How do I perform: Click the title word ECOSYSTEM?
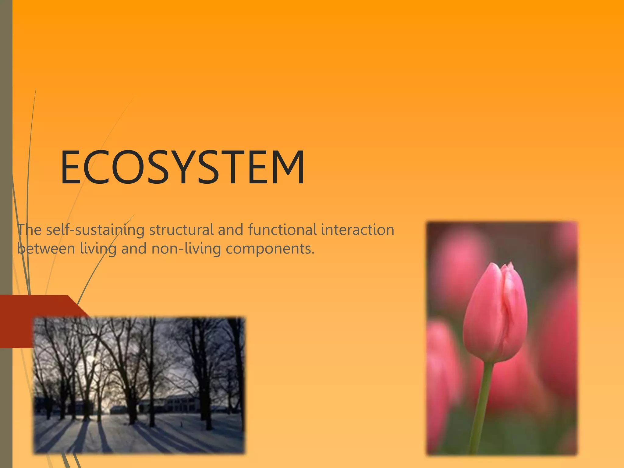click(x=182, y=168)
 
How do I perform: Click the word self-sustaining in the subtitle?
click(x=95, y=230)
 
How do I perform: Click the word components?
click(x=270, y=249)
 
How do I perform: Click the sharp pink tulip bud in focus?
click(x=495, y=314)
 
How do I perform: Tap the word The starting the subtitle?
click(x=29, y=230)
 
